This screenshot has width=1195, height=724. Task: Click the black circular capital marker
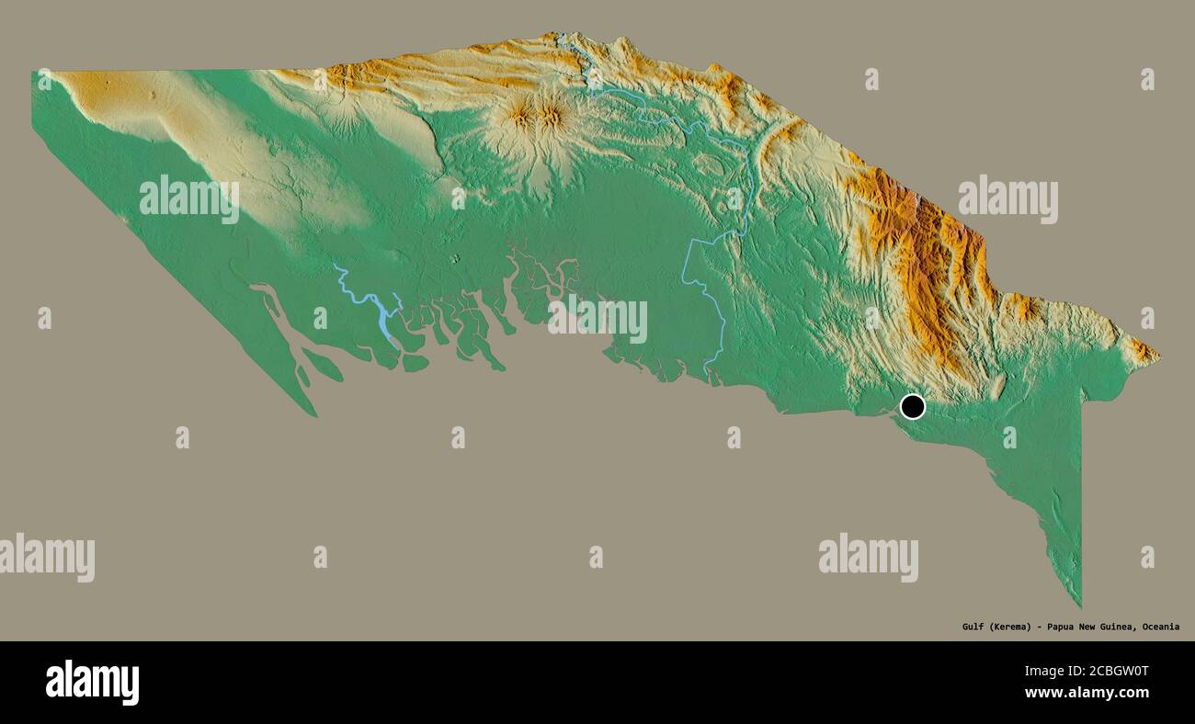[x=912, y=406]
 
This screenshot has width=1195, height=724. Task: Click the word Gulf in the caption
[x=973, y=627]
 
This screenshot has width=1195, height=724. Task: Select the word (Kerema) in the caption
[x=1009, y=627]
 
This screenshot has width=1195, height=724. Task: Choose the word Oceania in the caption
[x=1162, y=627]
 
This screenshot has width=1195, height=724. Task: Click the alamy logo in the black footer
[x=92, y=682]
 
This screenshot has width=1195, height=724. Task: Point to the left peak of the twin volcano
[x=522, y=116]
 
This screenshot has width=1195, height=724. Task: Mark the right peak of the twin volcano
[x=552, y=115]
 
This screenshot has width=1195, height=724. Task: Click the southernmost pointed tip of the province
[x=1080, y=605]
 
